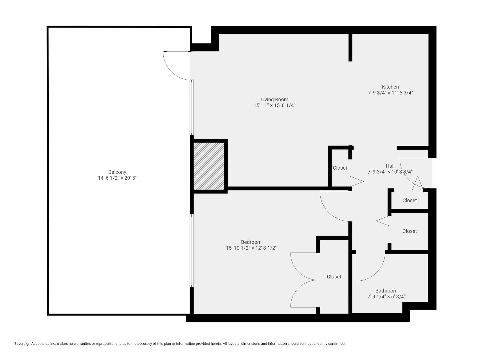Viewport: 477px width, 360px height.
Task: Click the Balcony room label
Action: pyautogui.click(x=117, y=172)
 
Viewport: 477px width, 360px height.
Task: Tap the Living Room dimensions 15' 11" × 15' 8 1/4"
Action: pyautogui.click(x=274, y=105)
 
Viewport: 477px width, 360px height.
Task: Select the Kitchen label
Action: pyautogui.click(x=390, y=87)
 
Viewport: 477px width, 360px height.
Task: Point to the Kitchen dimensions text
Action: pyautogui.click(x=390, y=93)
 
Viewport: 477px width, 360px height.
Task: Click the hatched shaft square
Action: pyautogui.click(x=209, y=166)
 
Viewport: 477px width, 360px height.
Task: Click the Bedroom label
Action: pyautogui.click(x=251, y=242)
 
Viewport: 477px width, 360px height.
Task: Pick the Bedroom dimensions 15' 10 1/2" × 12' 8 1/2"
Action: pyautogui.click(x=251, y=248)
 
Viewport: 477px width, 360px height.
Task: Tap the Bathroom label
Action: pyautogui.click(x=386, y=291)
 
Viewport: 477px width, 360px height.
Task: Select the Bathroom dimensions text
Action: pyautogui.click(x=386, y=297)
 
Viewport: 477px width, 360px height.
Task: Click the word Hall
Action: pyautogui.click(x=390, y=166)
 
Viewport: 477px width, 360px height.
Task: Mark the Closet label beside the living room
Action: pyautogui.click(x=340, y=168)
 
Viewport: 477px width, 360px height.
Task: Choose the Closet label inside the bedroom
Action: pyautogui.click(x=334, y=277)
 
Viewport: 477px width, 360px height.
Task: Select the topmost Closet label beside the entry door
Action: pyautogui.click(x=409, y=201)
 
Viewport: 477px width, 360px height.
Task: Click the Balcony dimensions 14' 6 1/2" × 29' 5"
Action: pyautogui.click(x=117, y=178)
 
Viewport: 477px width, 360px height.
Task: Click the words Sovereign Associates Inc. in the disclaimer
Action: pyautogui.click(x=35, y=344)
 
